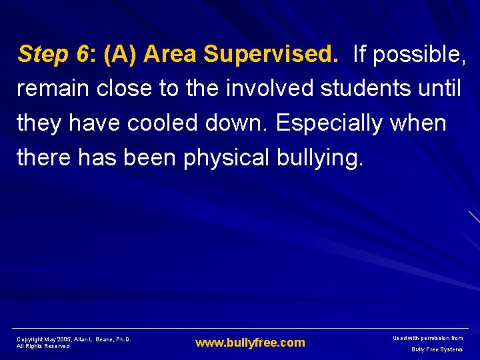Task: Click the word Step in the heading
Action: tap(42, 54)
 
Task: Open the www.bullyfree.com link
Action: tap(250, 343)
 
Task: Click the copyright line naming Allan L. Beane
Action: tap(74, 339)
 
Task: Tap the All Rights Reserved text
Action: tap(43, 347)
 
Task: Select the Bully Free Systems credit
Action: tap(437, 349)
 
